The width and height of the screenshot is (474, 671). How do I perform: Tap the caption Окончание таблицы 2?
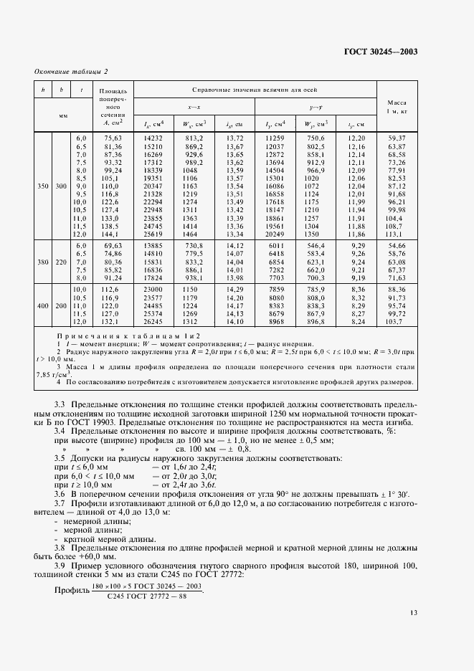point(71,71)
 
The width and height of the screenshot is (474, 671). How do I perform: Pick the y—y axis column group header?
point(316,107)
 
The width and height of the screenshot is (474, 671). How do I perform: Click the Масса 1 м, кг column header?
point(397,107)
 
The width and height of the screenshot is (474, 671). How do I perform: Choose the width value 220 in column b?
point(62,262)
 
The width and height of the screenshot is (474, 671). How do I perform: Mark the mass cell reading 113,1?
point(397,234)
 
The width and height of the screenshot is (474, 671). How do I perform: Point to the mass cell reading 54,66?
point(397,246)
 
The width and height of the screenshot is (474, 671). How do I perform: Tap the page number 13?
point(414,634)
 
